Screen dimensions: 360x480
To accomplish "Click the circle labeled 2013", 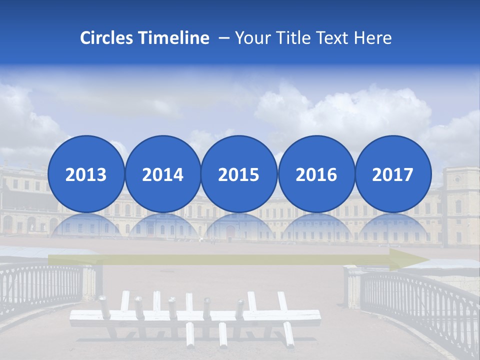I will click(x=86, y=174).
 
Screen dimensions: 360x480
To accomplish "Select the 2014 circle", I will click(x=162, y=174).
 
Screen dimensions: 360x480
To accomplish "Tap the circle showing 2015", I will click(x=239, y=174).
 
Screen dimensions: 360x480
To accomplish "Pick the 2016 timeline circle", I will click(x=316, y=174).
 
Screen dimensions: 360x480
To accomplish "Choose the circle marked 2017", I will click(x=392, y=174).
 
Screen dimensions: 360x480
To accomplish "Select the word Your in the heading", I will click(x=254, y=38).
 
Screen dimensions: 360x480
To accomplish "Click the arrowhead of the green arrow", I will click(x=415, y=259).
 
